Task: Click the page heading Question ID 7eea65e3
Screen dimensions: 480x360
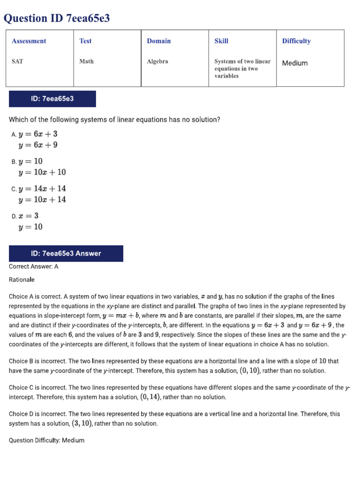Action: [x=57, y=18]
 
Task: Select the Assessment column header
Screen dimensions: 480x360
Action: [x=29, y=41]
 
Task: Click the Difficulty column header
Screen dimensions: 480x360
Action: [x=296, y=41]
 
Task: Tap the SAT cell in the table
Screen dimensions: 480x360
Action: [x=17, y=61]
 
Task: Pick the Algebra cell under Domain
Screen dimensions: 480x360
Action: [x=157, y=61]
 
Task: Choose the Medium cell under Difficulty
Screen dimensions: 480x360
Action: [x=295, y=63]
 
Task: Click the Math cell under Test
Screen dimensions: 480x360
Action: [x=86, y=61]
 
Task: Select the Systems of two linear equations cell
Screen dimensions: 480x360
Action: [x=242, y=68]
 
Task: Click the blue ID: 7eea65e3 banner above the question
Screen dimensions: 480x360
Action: [x=52, y=99]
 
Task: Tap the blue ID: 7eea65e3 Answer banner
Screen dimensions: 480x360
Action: [x=66, y=254]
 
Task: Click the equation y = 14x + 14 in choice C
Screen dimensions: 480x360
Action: [x=42, y=188]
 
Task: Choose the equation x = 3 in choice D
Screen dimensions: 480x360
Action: [x=29, y=216]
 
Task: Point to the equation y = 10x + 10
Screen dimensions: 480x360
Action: [x=42, y=172]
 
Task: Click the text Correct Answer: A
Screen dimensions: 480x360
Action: [x=34, y=266]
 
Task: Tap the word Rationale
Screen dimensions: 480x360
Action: [x=22, y=280]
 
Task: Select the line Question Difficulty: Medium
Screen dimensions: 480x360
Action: [x=47, y=441]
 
